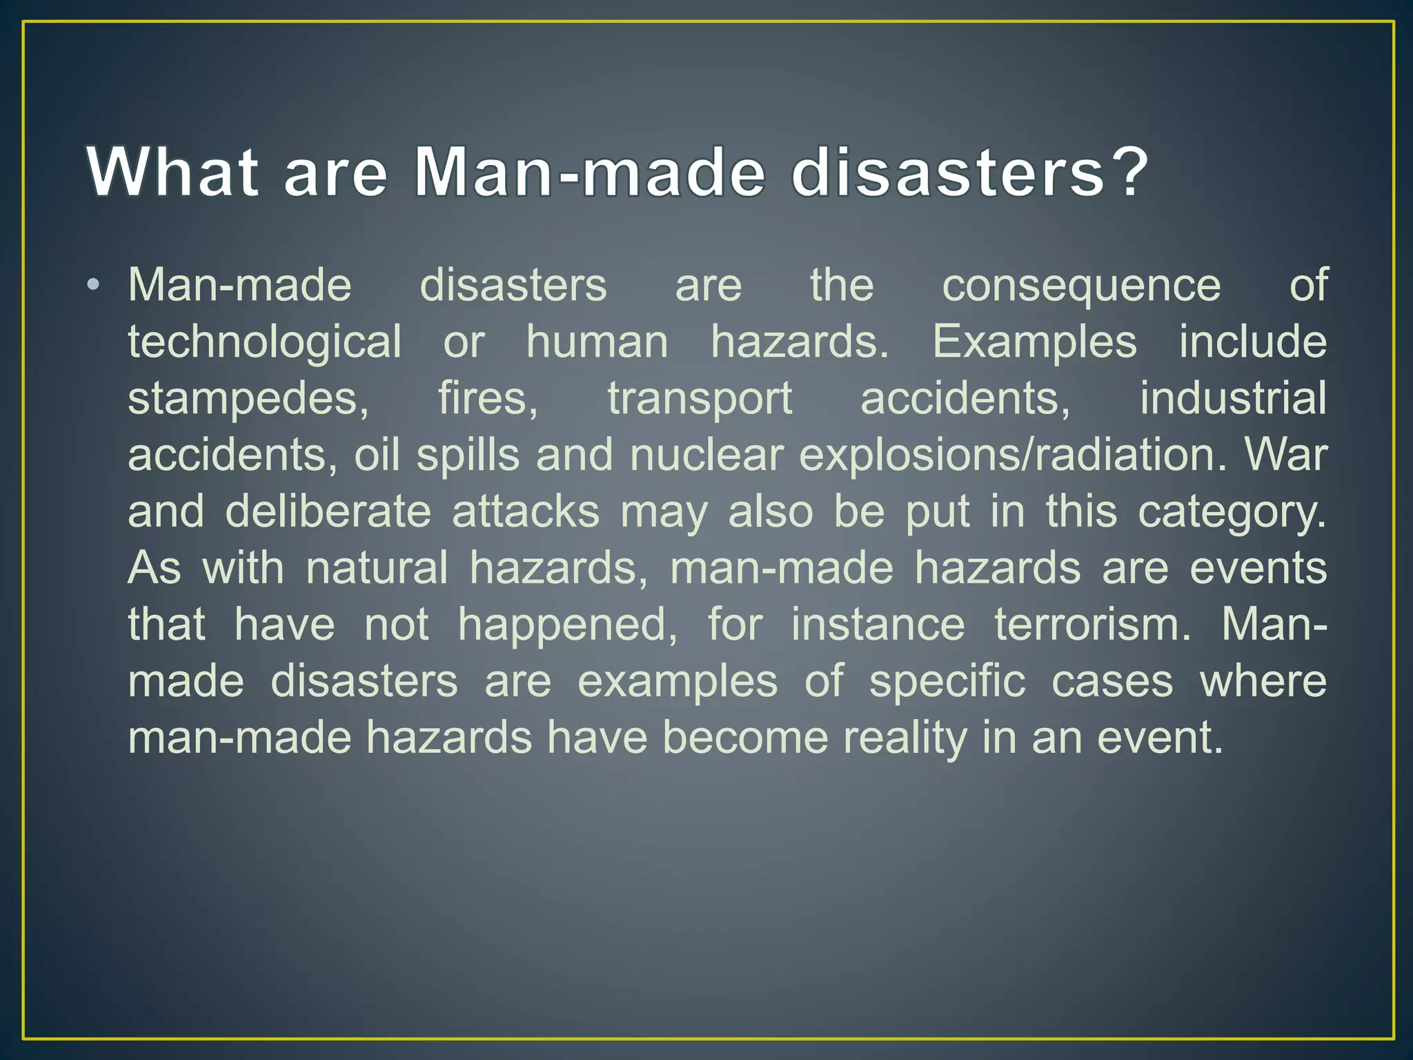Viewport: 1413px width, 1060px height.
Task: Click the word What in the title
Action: (172, 172)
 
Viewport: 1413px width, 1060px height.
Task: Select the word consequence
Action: (1081, 286)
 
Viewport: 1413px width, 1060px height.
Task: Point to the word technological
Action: (264, 342)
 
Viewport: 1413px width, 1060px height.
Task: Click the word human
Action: (597, 342)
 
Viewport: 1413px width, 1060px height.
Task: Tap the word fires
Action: (488, 399)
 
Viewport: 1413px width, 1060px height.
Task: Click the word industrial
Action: (1233, 398)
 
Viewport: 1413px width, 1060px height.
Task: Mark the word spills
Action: (468, 455)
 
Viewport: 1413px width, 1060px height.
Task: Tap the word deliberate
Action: (328, 512)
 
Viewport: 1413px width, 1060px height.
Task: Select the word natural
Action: (377, 569)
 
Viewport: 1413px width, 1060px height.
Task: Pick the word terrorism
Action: (1093, 625)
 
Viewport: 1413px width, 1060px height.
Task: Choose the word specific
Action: (947, 682)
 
